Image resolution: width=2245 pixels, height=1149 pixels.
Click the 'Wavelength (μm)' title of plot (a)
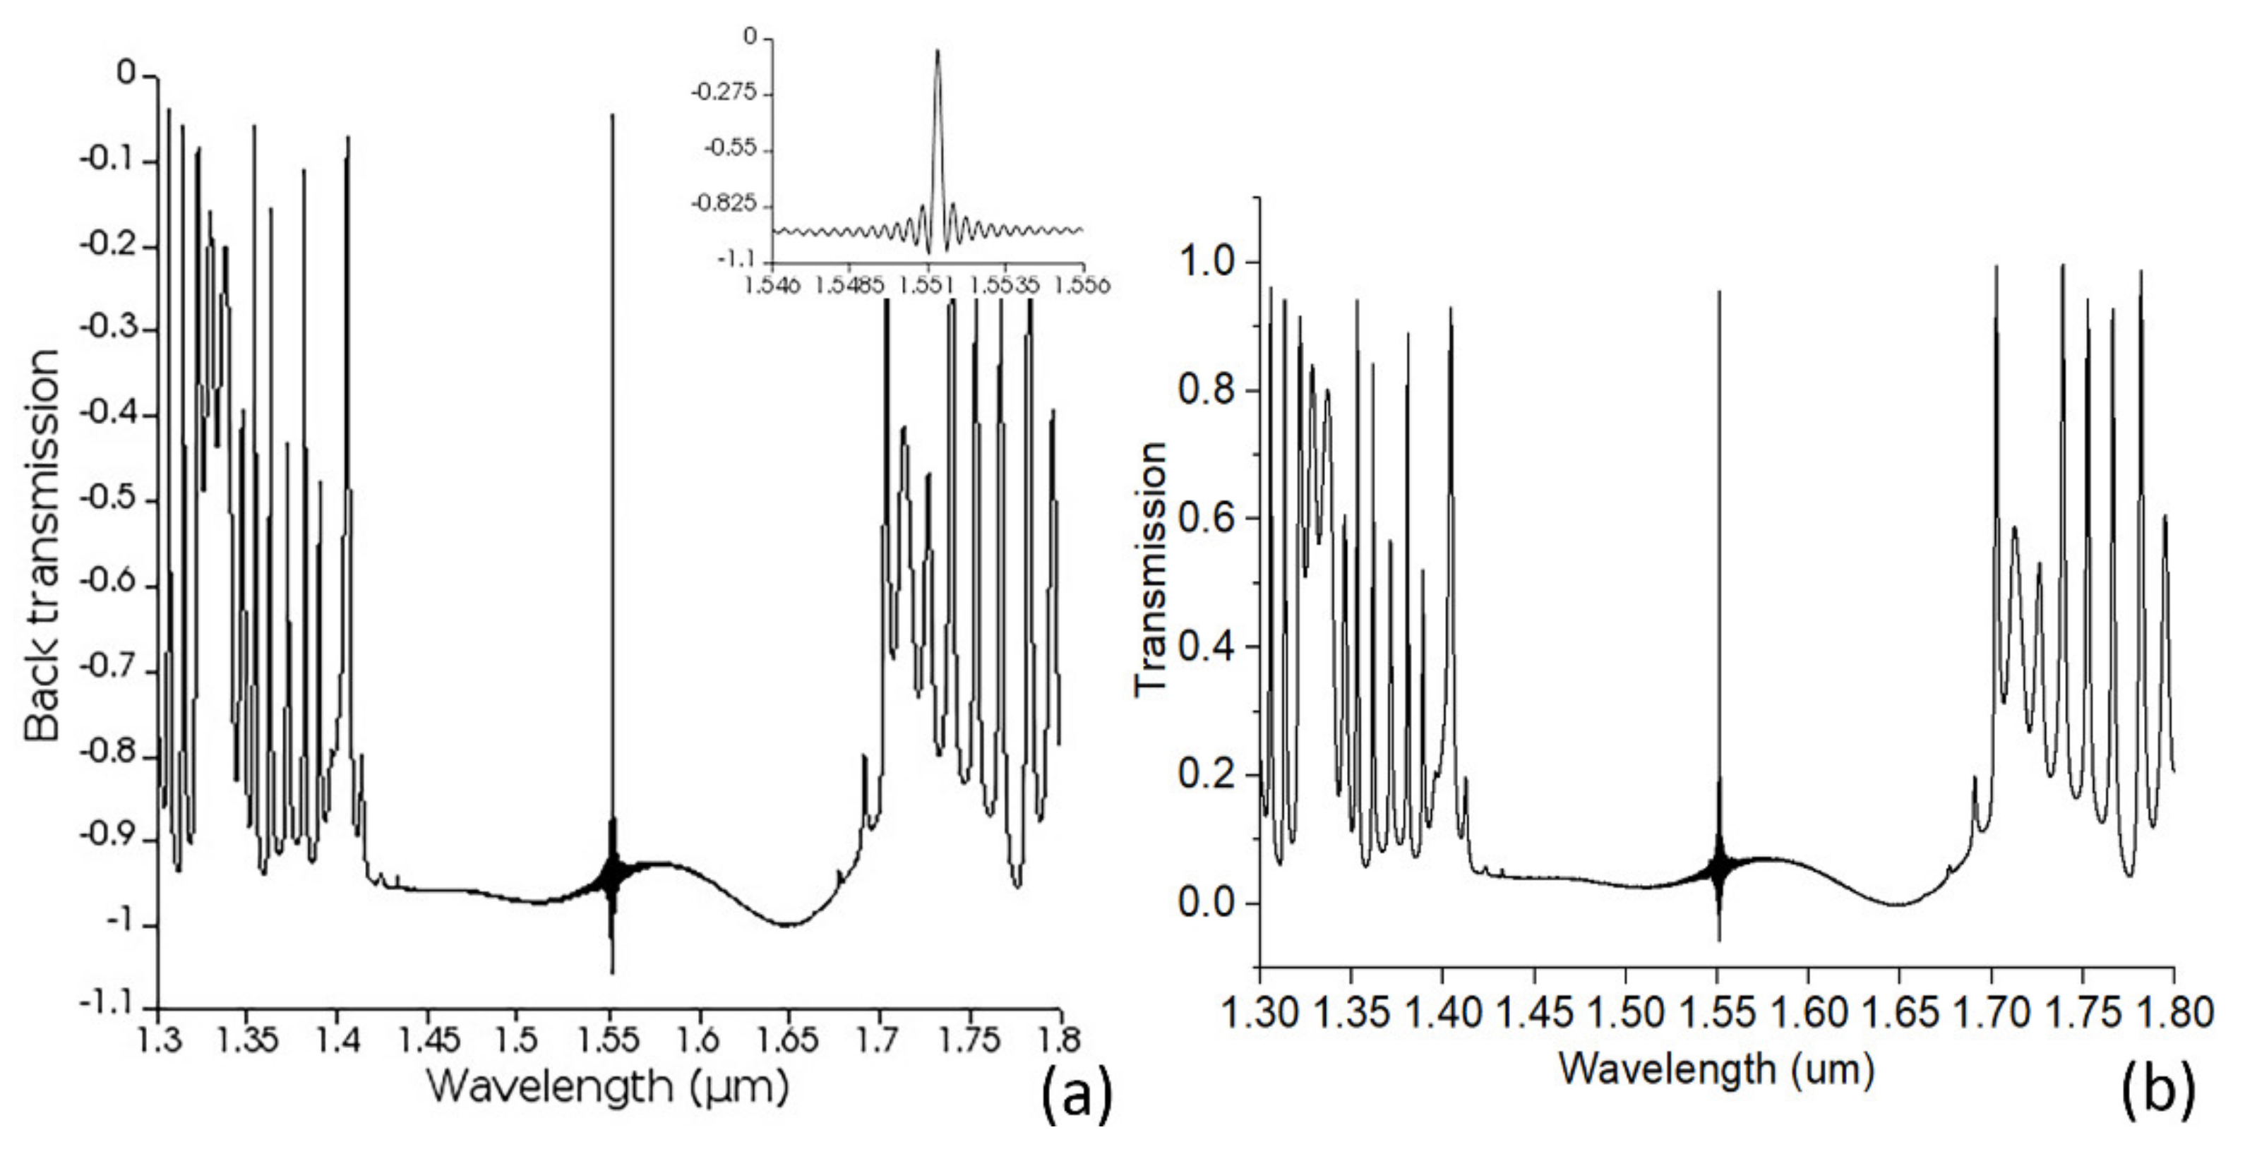[609, 1086]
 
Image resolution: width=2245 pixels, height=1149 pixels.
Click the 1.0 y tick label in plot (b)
[1207, 263]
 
